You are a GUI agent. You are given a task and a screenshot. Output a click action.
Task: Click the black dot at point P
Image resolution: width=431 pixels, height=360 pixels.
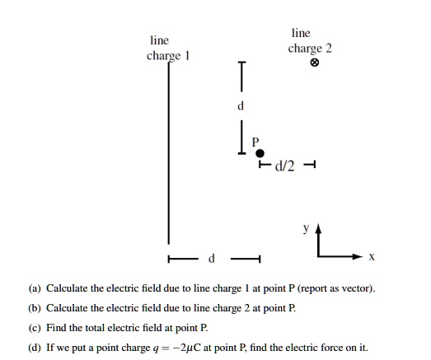tap(260, 153)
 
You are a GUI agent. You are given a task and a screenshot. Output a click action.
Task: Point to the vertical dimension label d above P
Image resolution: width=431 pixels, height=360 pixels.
tap(241, 106)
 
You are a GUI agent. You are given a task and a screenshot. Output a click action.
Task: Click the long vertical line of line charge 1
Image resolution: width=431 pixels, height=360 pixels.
tap(170, 148)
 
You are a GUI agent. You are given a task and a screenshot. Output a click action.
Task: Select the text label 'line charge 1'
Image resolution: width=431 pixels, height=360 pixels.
tap(168, 47)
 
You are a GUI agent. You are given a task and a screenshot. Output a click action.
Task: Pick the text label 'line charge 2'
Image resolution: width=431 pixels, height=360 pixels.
tap(310, 41)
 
